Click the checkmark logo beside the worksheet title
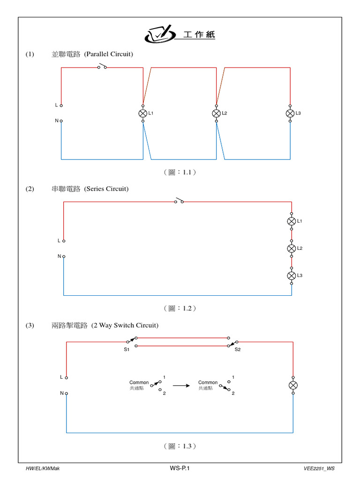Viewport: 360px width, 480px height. click(x=158, y=34)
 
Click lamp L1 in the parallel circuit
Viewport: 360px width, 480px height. click(x=143, y=113)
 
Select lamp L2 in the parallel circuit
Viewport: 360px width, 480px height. click(x=216, y=113)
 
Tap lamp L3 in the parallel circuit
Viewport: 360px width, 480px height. click(x=290, y=113)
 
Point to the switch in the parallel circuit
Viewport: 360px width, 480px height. click(x=102, y=67)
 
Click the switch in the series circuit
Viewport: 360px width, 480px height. click(x=179, y=201)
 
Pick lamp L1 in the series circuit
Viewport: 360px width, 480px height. click(x=291, y=221)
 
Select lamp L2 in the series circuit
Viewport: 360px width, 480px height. click(x=291, y=248)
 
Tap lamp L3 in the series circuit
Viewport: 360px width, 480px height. click(x=291, y=275)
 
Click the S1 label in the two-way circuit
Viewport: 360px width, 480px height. click(x=127, y=350)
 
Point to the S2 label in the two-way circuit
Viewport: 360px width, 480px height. click(x=238, y=350)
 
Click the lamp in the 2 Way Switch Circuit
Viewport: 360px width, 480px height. click(x=293, y=385)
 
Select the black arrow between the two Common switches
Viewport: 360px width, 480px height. click(x=181, y=386)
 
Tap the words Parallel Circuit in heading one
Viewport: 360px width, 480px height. click(x=109, y=54)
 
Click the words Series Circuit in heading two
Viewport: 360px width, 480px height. click(x=106, y=189)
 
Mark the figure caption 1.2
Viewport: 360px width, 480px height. click(x=180, y=308)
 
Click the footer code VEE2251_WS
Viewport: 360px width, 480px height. click(x=319, y=468)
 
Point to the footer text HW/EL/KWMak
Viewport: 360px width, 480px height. click(x=43, y=468)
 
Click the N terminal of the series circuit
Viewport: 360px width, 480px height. click(x=64, y=256)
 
